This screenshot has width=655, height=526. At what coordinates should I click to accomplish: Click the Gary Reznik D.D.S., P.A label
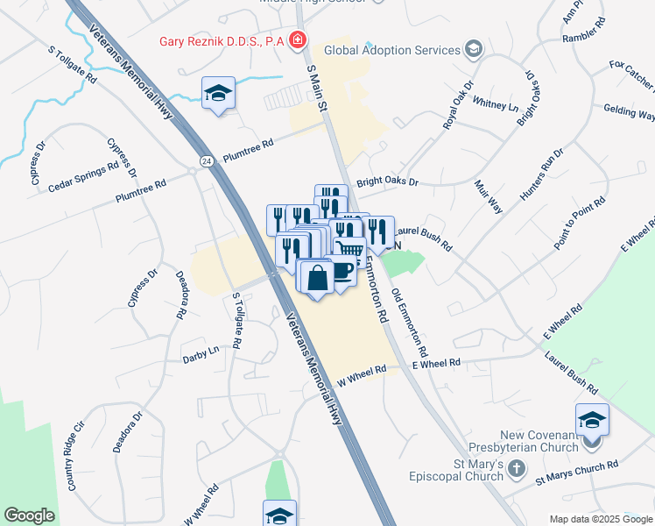(222, 41)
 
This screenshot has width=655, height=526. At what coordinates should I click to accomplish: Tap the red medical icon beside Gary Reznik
(298, 40)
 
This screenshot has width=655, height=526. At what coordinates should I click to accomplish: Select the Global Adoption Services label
(391, 50)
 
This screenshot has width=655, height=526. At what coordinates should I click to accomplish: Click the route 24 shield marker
(206, 161)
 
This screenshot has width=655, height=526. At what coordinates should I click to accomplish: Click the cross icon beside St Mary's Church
(518, 470)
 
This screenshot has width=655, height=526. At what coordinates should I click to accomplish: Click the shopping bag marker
(316, 278)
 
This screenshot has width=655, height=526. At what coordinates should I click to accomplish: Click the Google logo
(29, 515)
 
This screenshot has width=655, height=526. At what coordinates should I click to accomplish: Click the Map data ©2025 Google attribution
(601, 518)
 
